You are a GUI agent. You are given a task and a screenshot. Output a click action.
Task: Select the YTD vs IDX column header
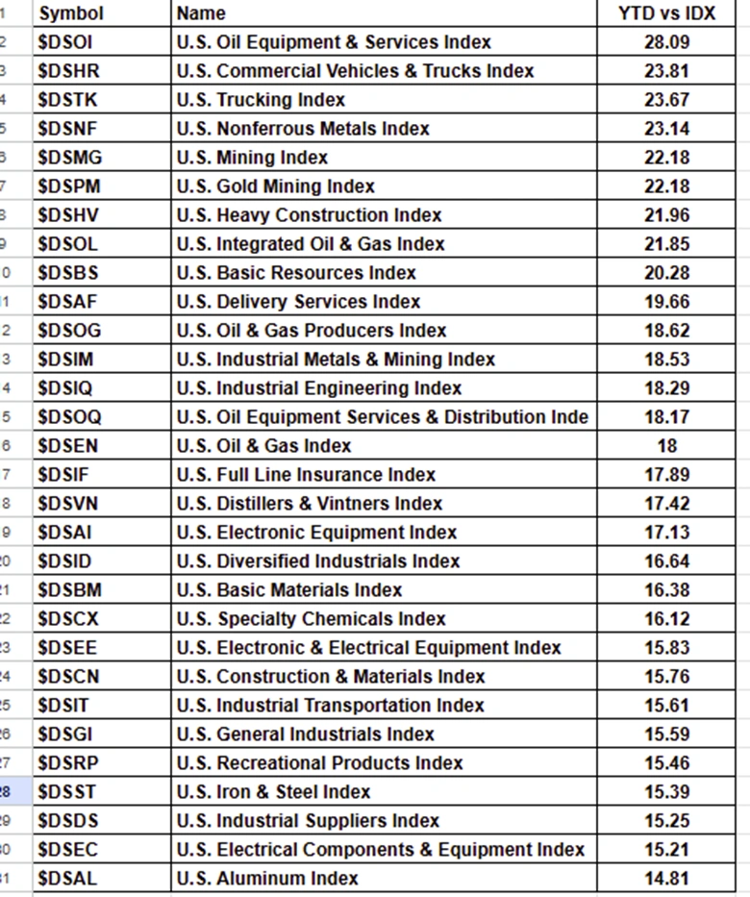pyautogui.click(x=666, y=13)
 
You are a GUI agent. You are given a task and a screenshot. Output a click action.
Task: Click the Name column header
pyautogui.click(x=202, y=13)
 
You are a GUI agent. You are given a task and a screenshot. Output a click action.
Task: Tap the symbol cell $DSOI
pyautogui.click(x=65, y=42)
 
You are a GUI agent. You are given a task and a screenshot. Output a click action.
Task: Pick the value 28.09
pyautogui.click(x=666, y=42)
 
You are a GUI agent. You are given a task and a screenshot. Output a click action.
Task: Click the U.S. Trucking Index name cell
pyautogui.click(x=261, y=100)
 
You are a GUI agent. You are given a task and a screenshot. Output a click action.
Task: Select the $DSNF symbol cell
pyautogui.click(x=67, y=129)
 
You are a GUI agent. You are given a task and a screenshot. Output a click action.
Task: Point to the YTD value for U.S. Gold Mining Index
pyautogui.click(x=666, y=187)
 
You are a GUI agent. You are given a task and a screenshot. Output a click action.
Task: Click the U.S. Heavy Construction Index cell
pyautogui.click(x=309, y=215)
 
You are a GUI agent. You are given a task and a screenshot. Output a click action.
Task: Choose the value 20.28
pyautogui.click(x=666, y=273)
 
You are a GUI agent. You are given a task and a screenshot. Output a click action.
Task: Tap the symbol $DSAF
pyautogui.click(x=67, y=302)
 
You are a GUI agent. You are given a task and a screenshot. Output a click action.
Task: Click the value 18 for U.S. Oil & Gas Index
pyautogui.click(x=666, y=446)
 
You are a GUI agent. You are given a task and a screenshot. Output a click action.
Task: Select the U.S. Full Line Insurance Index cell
pyautogui.click(x=306, y=475)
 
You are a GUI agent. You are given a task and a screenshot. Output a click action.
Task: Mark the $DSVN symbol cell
pyautogui.click(x=67, y=504)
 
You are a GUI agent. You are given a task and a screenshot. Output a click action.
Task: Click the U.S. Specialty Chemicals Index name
pyautogui.click(x=311, y=619)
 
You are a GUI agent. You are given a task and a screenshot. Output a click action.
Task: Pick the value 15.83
pyautogui.click(x=666, y=648)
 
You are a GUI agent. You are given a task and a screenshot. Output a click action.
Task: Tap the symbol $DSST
pyautogui.click(x=67, y=792)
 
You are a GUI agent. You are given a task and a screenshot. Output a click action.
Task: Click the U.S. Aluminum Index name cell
pyautogui.click(x=267, y=879)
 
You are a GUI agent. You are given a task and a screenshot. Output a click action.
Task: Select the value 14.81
pyautogui.click(x=666, y=879)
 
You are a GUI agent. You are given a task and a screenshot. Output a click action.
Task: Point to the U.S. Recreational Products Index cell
pyautogui.click(x=319, y=763)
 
